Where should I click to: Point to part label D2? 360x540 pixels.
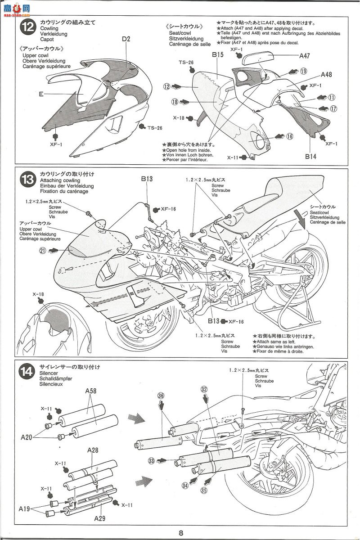126,39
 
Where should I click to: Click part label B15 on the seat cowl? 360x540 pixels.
218,55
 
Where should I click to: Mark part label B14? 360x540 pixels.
310,157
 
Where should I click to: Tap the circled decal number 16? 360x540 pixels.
289,136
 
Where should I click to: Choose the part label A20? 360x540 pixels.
26,436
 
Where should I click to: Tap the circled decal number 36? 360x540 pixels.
161,396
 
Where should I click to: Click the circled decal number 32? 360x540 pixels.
204,389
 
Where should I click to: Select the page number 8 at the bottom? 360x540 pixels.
180,533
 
